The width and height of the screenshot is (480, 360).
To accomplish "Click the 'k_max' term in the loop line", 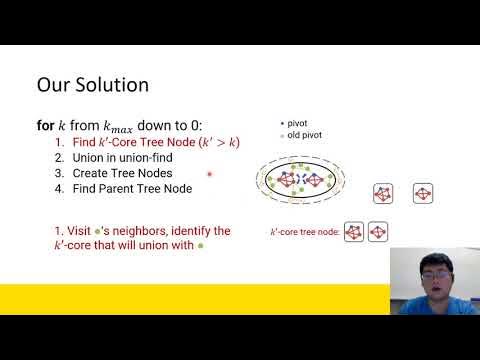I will (121, 127).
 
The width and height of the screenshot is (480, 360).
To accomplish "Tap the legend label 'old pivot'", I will (304, 135).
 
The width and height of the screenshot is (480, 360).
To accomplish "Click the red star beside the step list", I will (210, 173).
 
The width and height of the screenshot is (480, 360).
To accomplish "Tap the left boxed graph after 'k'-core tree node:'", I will (353, 231).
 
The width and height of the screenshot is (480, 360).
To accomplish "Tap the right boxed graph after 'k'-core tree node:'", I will (378, 231).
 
